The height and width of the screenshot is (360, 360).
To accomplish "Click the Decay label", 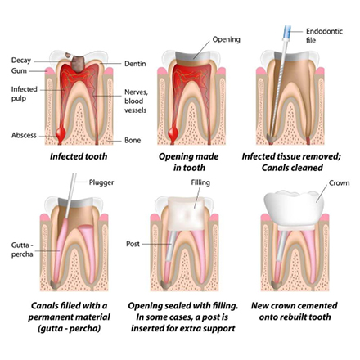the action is (x=21, y=60).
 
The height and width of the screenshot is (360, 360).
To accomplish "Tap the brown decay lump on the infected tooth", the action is (x=78, y=64).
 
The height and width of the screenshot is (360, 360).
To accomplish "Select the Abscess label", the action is (x=24, y=135).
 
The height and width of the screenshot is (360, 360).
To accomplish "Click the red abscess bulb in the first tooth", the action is (x=60, y=133).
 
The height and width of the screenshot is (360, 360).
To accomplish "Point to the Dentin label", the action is (x=135, y=64).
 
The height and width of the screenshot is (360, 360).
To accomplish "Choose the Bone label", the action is (x=133, y=140).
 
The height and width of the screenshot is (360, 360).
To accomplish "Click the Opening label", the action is (x=227, y=39).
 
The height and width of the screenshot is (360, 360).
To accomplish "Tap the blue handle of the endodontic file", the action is (x=287, y=31).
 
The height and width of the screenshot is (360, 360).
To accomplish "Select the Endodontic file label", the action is (x=324, y=36).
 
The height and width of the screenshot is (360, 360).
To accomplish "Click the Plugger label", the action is (x=101, y=182).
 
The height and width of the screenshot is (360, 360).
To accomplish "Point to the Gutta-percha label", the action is (x=22, y=250).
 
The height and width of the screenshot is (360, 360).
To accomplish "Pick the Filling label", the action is (x=200, y=182).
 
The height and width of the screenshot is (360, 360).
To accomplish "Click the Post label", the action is (x=133, y=244).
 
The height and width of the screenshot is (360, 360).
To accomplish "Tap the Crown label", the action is (x=339, y=182).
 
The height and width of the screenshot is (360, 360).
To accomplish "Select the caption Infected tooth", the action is (x=79, y=156).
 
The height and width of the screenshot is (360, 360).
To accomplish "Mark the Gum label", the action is (x=19, y=71).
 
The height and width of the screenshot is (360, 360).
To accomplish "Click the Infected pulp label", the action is (x=25, y=94).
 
